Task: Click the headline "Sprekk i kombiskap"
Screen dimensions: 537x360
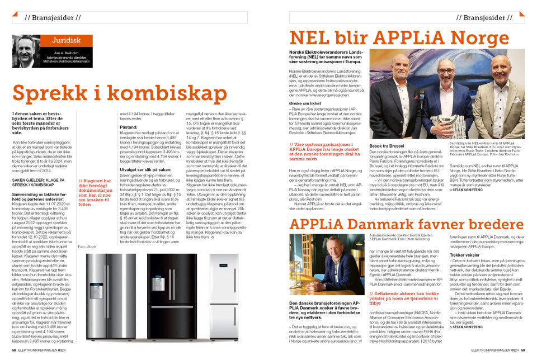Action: point(112,92)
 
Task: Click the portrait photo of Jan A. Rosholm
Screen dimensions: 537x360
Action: point(27,51)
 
